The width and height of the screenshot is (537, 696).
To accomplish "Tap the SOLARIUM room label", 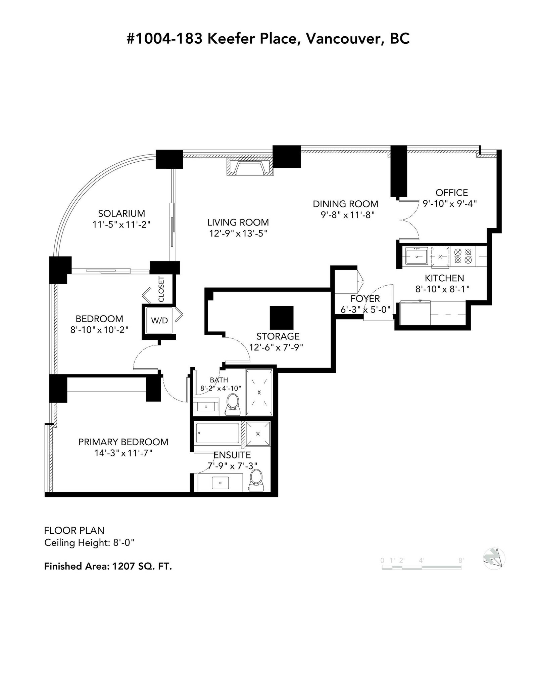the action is [121, 213].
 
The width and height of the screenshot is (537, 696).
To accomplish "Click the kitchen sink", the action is [417, 256].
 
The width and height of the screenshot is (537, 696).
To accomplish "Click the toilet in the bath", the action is [233, 405].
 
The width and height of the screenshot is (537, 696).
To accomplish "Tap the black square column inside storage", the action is [282, 317].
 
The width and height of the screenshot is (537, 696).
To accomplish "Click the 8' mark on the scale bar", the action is [461, 560].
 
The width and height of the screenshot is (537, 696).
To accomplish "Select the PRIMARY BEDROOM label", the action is [123, 442].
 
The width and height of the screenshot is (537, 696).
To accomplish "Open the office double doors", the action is [409, 220].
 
